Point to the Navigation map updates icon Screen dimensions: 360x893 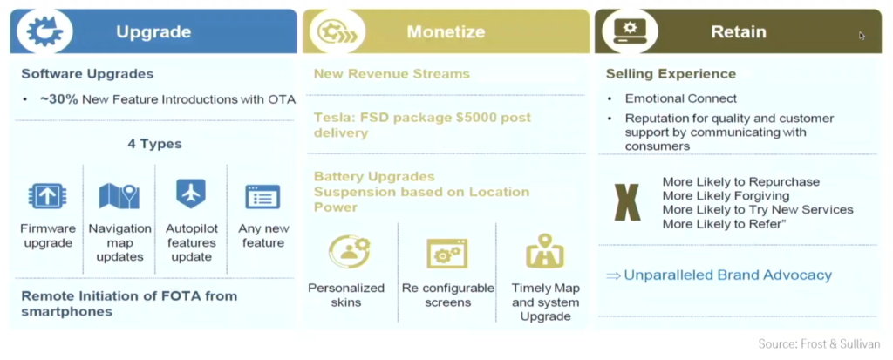click(x=119, y=195)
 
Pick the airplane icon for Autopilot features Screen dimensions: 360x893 click(x=190, y=194)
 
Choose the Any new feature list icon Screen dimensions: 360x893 click(x=262, y=196)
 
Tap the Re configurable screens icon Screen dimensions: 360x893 click(x=447, y=253)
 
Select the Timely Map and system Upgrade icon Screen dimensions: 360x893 click(x=545, y=253)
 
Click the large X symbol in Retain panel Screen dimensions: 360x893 click(x=628, y=202)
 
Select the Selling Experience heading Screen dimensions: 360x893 click(x=671, y=74)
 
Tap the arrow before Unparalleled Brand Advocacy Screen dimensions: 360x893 click(x=614, y=275)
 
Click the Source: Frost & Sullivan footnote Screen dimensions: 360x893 click(x=818, y=343)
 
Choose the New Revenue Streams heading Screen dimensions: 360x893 click(x=391, y=74)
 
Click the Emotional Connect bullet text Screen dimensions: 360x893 click(x=680, y=98)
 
